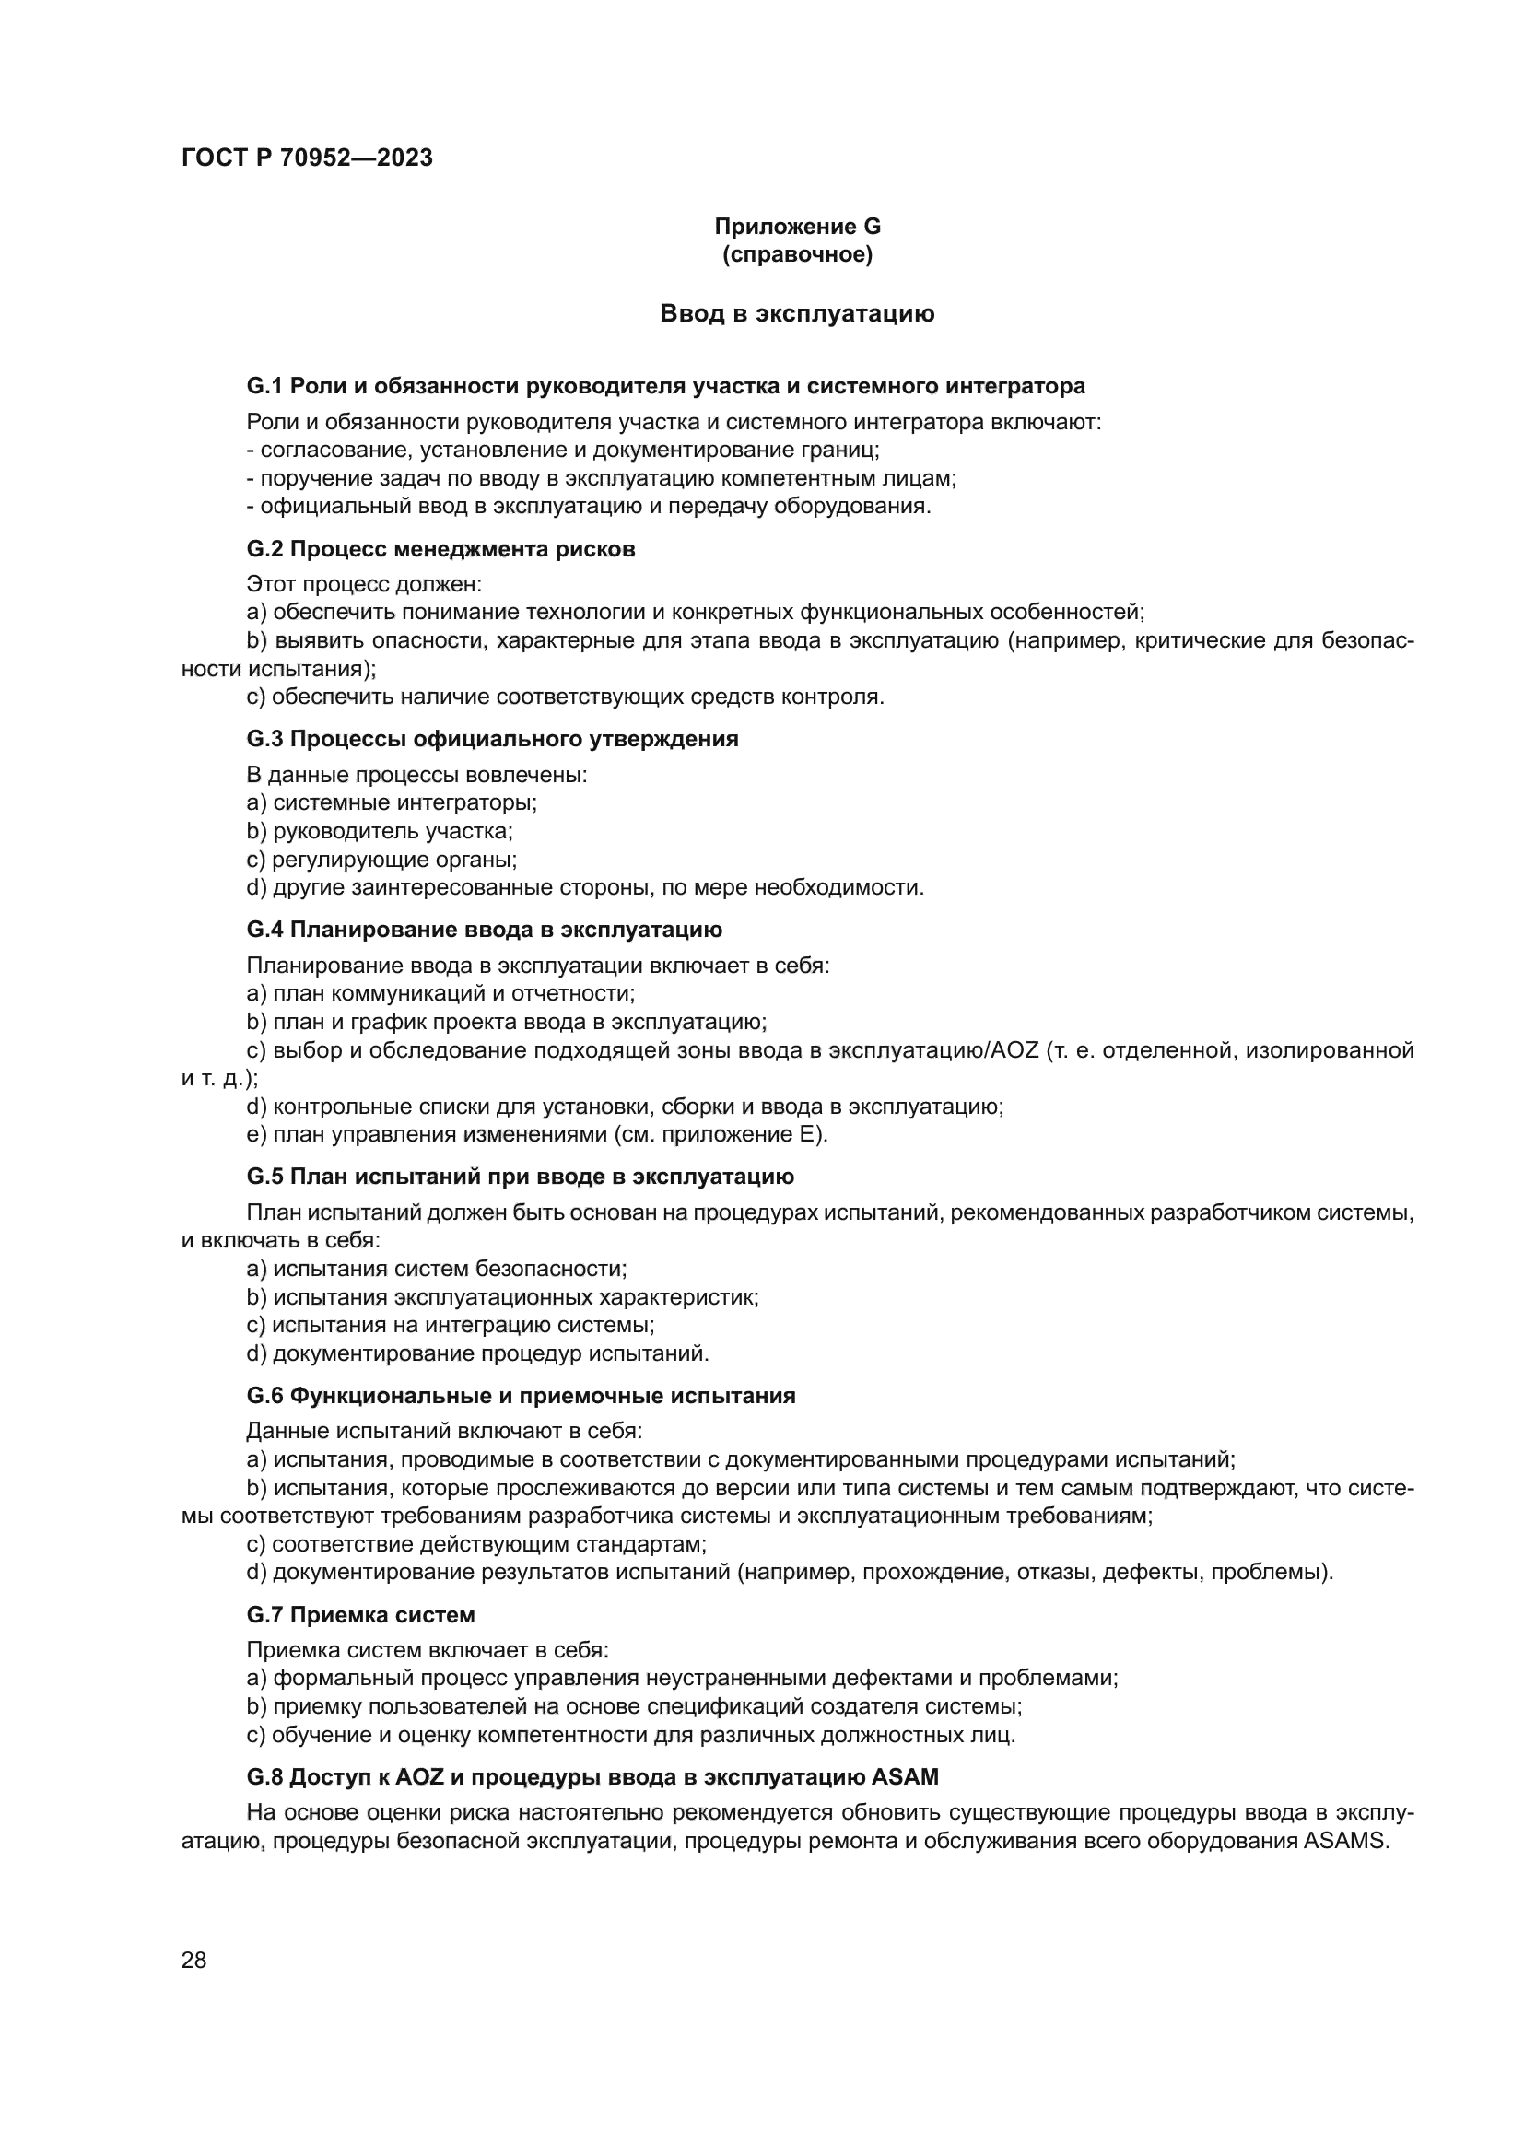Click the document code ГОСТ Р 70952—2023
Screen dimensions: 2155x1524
click(x=307, y=158)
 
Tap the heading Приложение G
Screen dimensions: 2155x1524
click(x=797, y=227)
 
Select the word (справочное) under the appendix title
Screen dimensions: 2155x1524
click(x=797, y=254)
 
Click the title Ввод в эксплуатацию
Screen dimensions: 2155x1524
click(x=797, y=313)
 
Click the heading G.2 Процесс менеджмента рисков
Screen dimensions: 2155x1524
click(x=440, y=549)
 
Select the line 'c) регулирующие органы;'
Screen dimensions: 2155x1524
click(x=381, y=859)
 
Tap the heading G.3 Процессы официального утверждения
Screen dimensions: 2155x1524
click(x=492, y=739)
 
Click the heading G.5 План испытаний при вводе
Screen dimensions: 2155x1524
click(x=520, y=1177)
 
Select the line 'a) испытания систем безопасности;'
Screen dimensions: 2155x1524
click(x=437, y=1269)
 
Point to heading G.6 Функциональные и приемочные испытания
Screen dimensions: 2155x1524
click(x=520, y=1396)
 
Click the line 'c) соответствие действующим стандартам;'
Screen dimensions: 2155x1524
click(x=475, y=1544)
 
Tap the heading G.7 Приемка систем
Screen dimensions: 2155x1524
click(x=360, y=1615)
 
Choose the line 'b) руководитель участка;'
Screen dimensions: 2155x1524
click(x=379, y=831)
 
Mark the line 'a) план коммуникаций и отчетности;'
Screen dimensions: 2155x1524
click(x=440, y=993)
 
